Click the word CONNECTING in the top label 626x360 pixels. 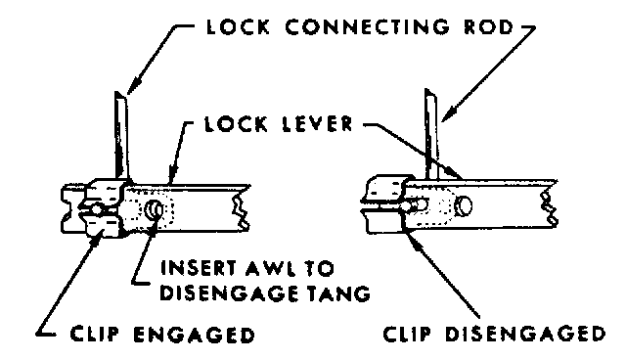(367, 26)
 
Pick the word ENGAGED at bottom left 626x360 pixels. (194, 335)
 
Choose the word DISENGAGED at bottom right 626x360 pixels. (525, 334)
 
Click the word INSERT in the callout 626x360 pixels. (200, 268)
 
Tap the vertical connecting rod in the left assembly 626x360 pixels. (121, 136)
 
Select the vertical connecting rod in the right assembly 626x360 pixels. (431, 134)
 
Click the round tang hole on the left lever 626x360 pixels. (154, 209)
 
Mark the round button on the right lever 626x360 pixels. (463, 205)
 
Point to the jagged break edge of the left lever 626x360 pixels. (241, 207)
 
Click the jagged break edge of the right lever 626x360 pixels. (550, 204)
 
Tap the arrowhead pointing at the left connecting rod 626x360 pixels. (133, 87)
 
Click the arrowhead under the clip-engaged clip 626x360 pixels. (94, 240)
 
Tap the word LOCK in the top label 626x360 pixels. (238, 26)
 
